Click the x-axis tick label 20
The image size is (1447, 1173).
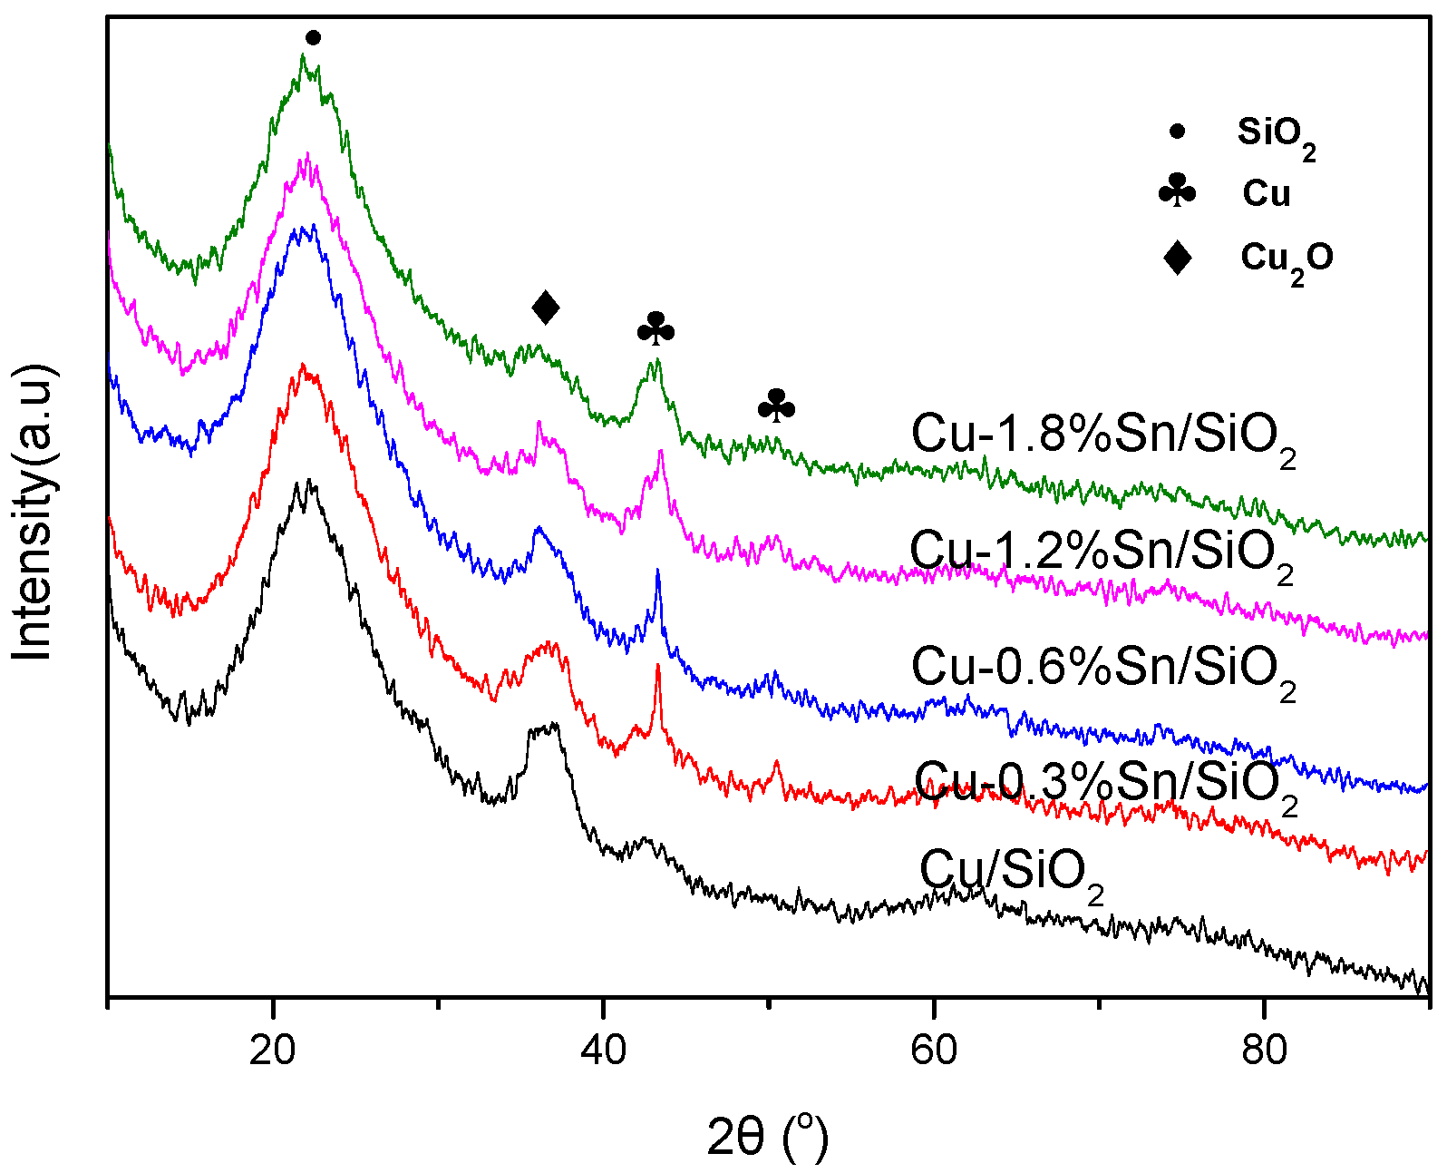(273, 1050)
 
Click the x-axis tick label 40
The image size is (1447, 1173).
(603, 1050)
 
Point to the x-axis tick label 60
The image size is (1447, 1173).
(934, 1050)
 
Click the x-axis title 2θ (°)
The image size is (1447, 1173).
(767, 1136)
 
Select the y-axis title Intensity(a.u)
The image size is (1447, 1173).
(34, 513)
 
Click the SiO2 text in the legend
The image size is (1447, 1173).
(1276, 134)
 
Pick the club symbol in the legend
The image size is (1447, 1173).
(1178, 192)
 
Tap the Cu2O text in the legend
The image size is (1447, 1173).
(1287, 259)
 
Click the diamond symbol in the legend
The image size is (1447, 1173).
(1178, 258)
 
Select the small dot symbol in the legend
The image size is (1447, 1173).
(1178, 132)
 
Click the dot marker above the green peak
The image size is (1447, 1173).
(313, 37)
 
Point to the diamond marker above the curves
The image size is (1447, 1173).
(546, 308)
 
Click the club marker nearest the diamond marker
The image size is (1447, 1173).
(656, 329)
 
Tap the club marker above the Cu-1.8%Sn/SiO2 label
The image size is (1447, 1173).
(776, 406)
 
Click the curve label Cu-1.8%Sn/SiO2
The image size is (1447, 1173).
(1103, 436)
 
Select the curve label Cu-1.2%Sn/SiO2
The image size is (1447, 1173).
(1102, 552)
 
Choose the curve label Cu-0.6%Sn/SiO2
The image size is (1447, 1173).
(1103, 670)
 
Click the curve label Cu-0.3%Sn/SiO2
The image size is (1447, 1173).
(1106, 782)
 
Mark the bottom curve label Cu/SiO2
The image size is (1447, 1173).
(1013, 871)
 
